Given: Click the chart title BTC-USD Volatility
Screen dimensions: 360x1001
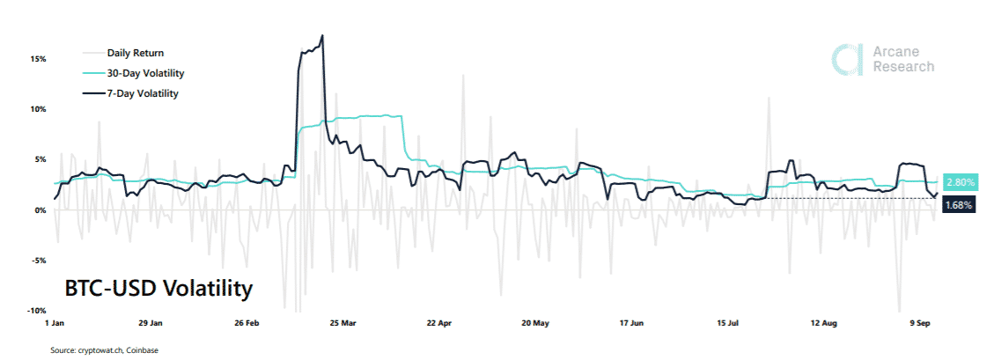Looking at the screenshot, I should tap(158, 288).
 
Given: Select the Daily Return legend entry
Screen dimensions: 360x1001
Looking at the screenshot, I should tap(135, 53).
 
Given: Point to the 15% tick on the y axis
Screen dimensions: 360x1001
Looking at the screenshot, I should tap(37, 59).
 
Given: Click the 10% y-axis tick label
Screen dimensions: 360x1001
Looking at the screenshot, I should tap(37, 109).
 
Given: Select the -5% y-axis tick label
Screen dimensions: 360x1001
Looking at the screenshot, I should tap(37, 261).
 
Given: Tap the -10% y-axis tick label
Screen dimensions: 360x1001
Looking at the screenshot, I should tap(35, 311).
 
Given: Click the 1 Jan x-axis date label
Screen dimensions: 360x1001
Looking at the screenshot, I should tap(55, 324).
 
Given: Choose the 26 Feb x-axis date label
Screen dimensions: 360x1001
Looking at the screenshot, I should tap(247, 324).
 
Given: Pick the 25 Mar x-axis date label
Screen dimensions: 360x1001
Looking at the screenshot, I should tap(342, 324).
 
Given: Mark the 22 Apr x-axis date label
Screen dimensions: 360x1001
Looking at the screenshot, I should tap(438, 324).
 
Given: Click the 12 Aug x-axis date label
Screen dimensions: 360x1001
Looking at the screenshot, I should tap(824, 324).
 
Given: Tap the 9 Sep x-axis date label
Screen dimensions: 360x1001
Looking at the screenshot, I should tap(920, 324).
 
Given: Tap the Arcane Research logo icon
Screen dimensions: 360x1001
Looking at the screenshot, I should tap(846, 58).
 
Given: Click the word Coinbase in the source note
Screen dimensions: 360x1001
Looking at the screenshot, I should tap(141, 350).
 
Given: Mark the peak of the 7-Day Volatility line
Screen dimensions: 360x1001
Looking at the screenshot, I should tap(323, 36).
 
